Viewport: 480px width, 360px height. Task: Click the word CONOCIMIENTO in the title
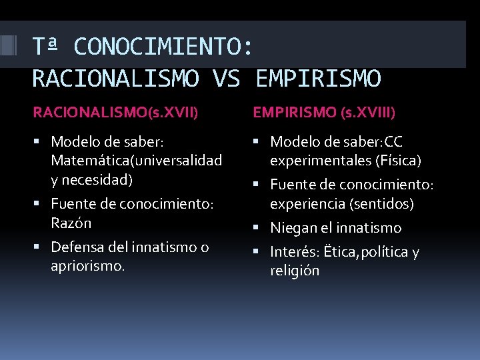click(163, 47)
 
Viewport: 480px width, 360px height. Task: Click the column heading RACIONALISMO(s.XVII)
click(115, 113)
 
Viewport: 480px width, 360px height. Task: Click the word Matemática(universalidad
click(137, 161)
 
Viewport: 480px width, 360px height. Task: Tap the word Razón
click(71, 223)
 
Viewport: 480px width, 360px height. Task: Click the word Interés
click(294, 252)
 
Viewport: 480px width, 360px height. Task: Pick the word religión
click(295, 271)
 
